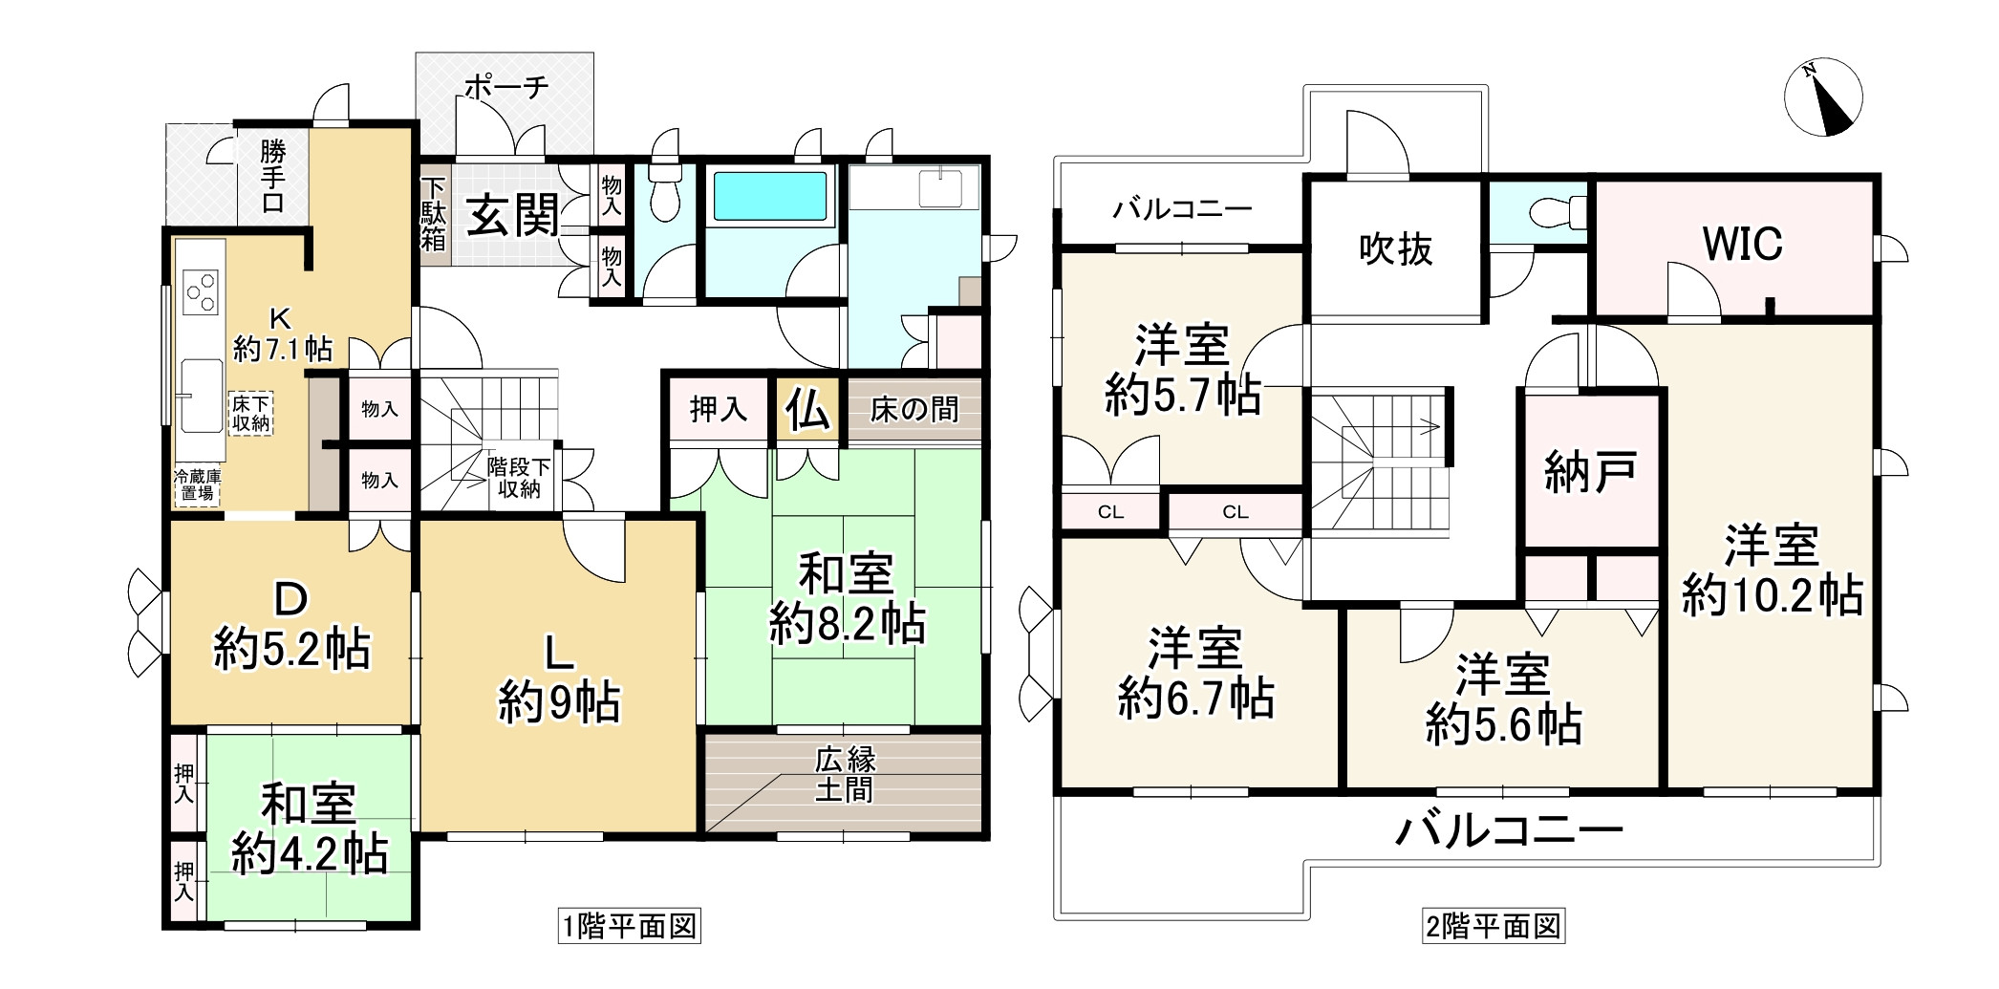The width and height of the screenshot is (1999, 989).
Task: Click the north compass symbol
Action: coord(1823,97)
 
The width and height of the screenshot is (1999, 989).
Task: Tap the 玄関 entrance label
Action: coord(513,216)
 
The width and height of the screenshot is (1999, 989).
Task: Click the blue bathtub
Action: coord(769,196)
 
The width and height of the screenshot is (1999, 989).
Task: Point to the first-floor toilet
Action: coord(663,195)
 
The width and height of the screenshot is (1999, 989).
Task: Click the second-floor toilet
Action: coord(1553,212)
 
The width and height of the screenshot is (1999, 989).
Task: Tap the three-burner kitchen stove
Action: coord(201,291)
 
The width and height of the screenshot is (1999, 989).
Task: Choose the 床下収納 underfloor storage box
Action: coord(251,414)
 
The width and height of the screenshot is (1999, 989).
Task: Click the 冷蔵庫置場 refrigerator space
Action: coord(198,484)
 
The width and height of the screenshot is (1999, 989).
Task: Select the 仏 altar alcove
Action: coord(807,411)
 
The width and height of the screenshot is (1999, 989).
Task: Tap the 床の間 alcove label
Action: coord(914,411)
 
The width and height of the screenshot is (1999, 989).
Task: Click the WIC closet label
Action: coord(1742,245)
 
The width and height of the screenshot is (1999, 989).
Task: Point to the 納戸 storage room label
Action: coord(1590,471)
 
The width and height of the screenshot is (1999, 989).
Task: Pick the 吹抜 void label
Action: coord(1395,250)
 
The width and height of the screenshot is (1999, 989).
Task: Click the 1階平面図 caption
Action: coord(630,926)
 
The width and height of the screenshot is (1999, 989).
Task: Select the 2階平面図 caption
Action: coord(1494,926)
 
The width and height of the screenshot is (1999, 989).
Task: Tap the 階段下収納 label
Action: coord(519,478)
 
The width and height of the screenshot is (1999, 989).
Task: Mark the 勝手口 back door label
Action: coord(272,177)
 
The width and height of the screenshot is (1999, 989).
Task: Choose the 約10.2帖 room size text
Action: coord(1772,595)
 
